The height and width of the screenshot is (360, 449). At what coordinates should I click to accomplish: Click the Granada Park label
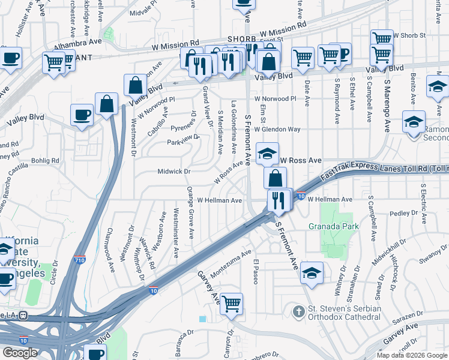coord(334,226)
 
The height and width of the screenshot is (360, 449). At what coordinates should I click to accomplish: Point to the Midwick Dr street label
coord(173,172)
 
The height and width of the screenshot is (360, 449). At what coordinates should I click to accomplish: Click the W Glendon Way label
coord(277,129)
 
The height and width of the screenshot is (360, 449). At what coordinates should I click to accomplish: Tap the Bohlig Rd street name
coord(46,161)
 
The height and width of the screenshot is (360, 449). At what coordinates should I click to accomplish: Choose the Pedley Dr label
coord(404,213)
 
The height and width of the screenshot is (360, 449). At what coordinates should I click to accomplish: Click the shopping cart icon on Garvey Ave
coord(231,304)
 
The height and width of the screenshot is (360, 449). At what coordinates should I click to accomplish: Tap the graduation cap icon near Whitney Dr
coord(312,273)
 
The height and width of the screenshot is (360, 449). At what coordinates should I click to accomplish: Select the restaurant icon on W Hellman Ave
coord(277,200)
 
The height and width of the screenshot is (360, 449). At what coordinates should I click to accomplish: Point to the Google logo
coord(20,353)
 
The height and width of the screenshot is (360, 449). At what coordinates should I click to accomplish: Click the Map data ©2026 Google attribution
coord(412,355)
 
